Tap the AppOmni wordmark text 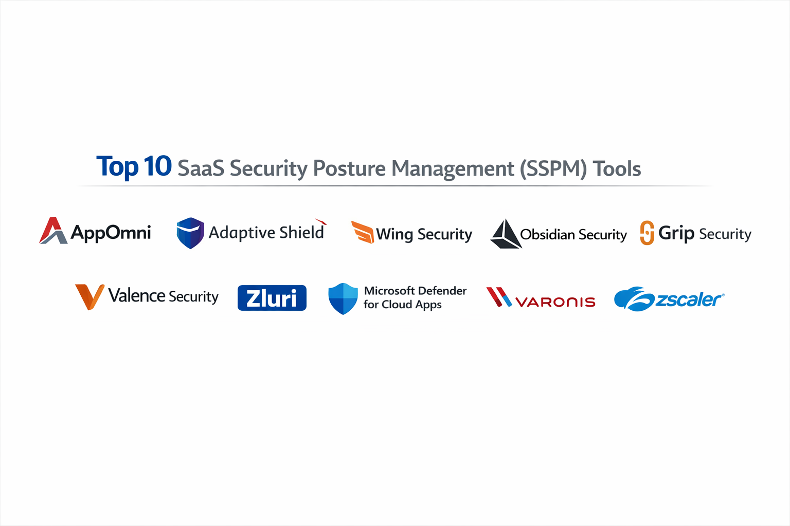[111, 233]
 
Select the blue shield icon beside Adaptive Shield [190, 233]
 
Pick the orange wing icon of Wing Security [362, 232]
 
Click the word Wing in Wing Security [394, 234]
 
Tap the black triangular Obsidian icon [505, 234]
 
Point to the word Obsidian [547, 234]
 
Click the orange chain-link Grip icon [647, 233]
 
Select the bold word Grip [676, 233]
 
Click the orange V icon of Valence [89, 296]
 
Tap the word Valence [136, 296]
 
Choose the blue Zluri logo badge [272, 298]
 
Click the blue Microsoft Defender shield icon [343, 298]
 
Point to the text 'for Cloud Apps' [402, 305]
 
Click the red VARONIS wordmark [555, 302]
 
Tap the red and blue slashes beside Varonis [498, 297]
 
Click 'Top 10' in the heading [134, 166]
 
